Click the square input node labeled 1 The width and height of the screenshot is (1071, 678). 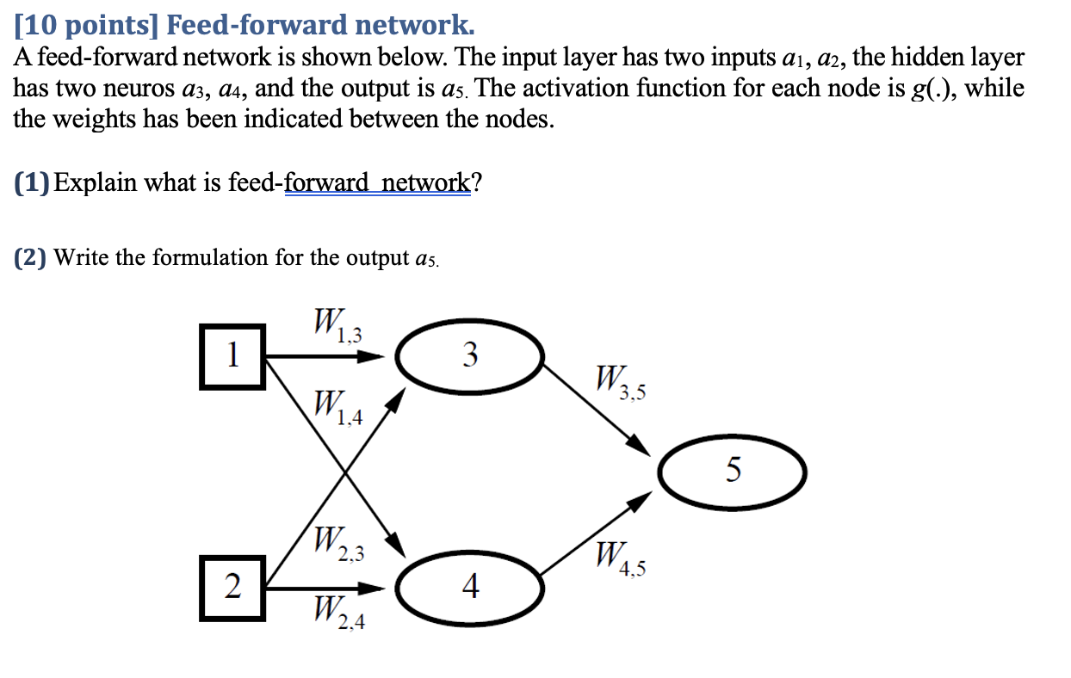click(231, 354)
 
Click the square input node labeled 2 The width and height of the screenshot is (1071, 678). click(231, 588)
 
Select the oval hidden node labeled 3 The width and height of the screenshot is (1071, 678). click(470, 354)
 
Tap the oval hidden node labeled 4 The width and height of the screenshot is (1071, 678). click(470, 588)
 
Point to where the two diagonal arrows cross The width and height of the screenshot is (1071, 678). click(345, 472)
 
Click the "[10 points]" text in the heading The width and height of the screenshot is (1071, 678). click(85, 25)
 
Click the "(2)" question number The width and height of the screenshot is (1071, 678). click(31, 257)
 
